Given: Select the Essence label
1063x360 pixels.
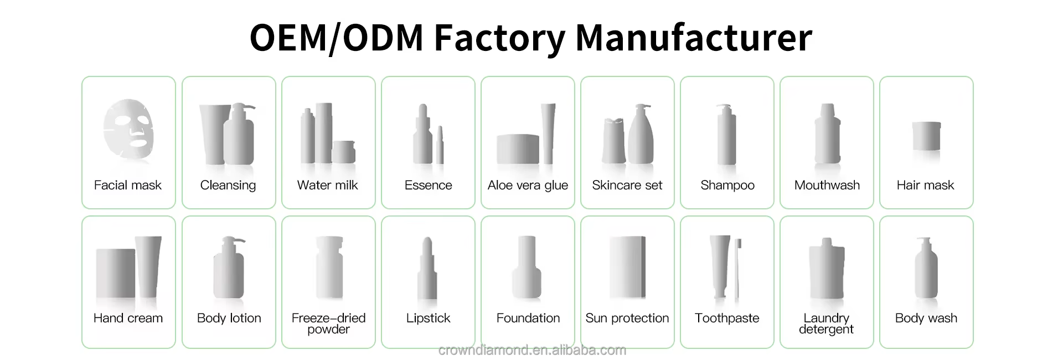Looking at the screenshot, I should (428, 185).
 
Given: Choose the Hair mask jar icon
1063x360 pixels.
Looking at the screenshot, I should (926, 136).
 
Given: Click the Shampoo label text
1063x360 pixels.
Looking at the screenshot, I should (727, 185).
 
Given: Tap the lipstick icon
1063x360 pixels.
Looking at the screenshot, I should (427, 268).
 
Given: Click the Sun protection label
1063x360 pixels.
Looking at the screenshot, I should (627, 318).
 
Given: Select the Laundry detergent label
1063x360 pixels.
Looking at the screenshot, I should (827, 323).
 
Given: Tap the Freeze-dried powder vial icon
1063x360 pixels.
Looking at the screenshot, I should (329, 268).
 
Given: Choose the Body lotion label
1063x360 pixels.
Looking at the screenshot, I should (229, 318).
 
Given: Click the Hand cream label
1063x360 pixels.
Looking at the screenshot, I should (128, 318).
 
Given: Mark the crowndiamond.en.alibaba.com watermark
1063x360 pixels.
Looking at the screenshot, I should (531, 350).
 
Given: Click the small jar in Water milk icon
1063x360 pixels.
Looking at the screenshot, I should (344, 152).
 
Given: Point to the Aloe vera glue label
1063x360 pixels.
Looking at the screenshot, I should (528, 185).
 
